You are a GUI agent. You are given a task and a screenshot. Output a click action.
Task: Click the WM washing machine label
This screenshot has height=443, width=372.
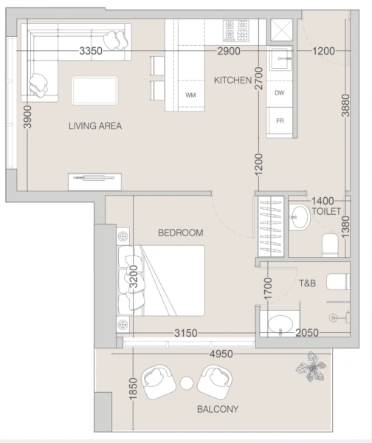190,95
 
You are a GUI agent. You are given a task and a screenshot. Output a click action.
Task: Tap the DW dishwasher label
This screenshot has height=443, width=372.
280,93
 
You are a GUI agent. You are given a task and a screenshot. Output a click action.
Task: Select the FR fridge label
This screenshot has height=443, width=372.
280,120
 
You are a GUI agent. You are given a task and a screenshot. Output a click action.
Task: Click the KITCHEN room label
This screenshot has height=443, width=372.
232,79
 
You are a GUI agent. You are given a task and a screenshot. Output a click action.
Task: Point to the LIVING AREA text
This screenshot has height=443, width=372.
94,126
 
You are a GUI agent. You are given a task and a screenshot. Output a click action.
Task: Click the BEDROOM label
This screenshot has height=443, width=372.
180,233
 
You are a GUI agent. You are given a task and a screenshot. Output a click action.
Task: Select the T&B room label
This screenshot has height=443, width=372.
307,282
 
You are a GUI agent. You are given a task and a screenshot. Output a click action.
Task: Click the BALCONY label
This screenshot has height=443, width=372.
216,408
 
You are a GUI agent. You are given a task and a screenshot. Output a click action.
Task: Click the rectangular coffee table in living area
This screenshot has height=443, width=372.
94,91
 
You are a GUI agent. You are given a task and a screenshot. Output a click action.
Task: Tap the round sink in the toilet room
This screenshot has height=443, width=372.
300,217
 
